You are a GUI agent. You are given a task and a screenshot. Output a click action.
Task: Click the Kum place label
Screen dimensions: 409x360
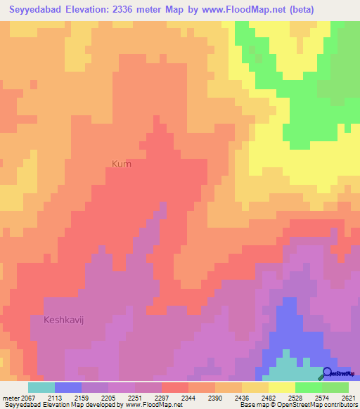click(121, 164)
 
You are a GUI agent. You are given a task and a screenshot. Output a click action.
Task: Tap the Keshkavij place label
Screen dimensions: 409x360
click(68, 319)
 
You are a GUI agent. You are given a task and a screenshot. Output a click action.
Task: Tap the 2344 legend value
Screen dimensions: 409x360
click(188, 397)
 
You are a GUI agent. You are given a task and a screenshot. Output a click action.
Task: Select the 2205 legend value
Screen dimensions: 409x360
click(107, 397)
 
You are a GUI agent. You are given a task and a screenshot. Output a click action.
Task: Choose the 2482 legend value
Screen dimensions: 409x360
click(268, 397)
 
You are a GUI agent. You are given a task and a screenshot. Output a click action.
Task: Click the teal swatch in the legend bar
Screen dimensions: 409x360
click(41, 387)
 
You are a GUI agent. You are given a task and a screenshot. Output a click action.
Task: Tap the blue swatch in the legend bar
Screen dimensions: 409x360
click(67, 387)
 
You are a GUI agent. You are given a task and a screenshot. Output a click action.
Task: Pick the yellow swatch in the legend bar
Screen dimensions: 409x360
click(281, 387)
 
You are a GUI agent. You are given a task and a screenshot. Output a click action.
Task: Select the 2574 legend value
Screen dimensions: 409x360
click(322, 397)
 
